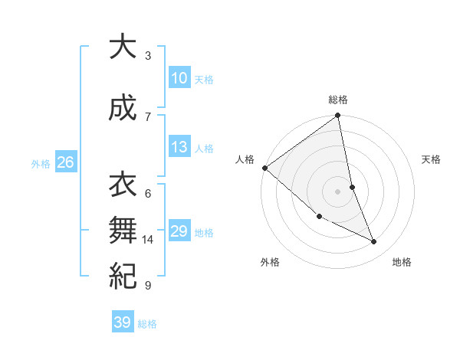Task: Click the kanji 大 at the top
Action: (122, 47)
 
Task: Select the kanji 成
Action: (122, 108)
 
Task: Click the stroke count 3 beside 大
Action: (148, 56)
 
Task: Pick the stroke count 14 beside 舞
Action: (148, 240)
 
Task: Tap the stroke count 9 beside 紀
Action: (148, 286)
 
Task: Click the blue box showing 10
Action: (179, 78)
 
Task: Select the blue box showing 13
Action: (179, 147)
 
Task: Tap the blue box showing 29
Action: (179, 231)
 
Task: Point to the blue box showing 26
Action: (65, 162)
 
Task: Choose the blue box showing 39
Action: (122, 322)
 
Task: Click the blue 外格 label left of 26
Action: (41, 163)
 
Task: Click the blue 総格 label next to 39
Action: (147, 324)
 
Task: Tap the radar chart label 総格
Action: (338, 100)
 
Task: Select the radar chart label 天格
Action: (432, 159)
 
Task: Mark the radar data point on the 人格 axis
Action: (264, 167)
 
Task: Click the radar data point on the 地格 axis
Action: (374, 241)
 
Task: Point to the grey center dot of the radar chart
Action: (338, 191)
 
